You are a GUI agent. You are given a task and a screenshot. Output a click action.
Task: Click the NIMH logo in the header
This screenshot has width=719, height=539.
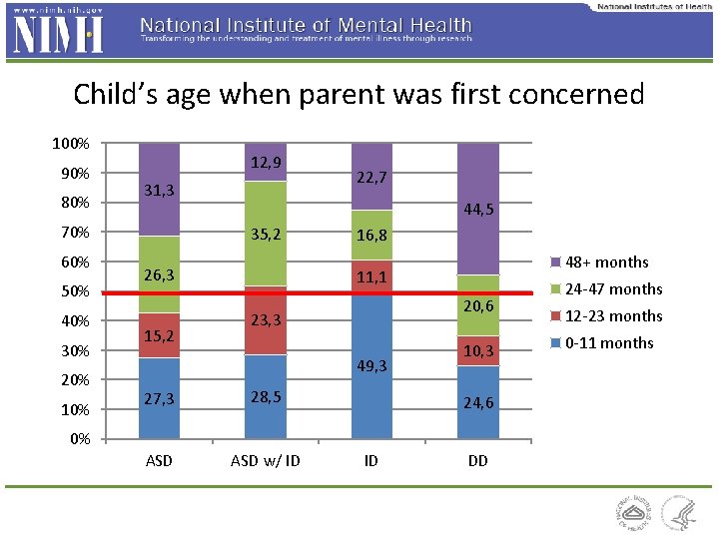tap(58, 32)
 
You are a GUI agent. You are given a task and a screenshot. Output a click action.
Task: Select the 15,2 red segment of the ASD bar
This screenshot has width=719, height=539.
tap(159, 335)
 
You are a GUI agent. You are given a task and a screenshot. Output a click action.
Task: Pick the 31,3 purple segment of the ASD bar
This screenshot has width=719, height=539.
tap(159, 190)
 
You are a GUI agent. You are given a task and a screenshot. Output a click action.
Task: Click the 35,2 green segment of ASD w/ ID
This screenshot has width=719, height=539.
tap(265, 235)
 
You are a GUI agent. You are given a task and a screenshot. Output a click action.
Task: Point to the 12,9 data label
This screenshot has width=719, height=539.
tap(266, 162)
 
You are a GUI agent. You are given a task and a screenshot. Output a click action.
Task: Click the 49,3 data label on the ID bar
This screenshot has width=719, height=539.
tap(370, 366)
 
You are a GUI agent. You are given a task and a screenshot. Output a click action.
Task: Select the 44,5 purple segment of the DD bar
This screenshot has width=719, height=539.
tap(477, 210)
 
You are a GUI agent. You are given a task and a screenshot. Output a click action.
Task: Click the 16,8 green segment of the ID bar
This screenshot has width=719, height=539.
tap(370, 236)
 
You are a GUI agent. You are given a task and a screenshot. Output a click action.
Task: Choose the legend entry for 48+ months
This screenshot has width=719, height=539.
tap(605, 263)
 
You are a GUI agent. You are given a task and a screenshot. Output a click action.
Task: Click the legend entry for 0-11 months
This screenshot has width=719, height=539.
tap(606, 342)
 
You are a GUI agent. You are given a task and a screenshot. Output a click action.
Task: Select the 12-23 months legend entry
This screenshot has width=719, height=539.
tap(606, 315)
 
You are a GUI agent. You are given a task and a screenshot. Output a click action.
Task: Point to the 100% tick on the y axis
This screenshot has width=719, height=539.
tap(72, 144)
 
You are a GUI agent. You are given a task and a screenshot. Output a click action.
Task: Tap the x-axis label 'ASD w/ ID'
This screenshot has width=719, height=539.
tap(265, 460)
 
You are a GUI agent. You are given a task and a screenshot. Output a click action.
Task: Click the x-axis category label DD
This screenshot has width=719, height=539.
tap(477, 460)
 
